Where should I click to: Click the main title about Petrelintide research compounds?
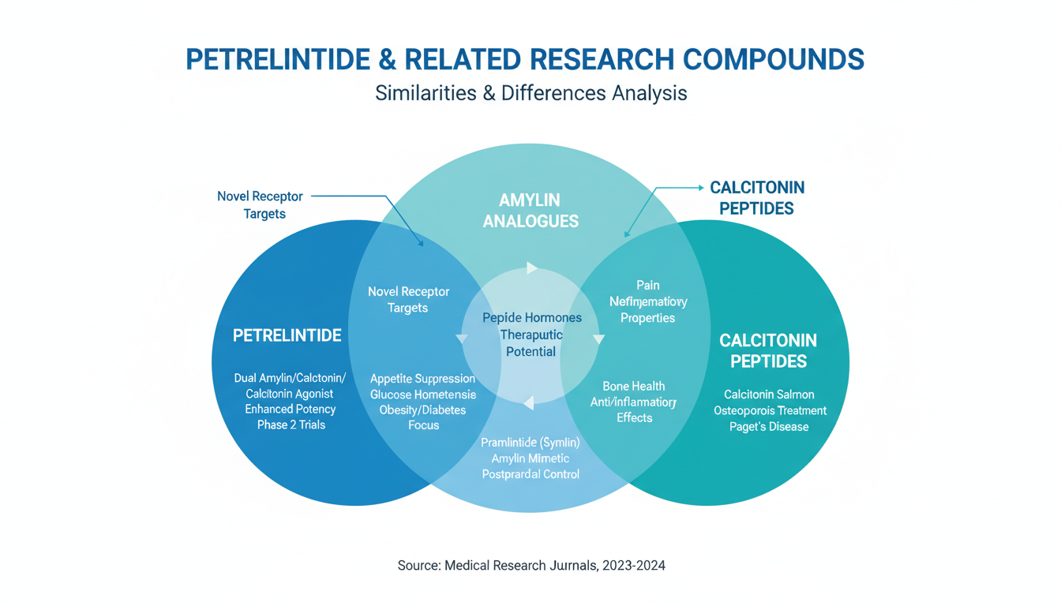tap(524, 59)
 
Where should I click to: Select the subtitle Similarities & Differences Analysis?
tap(530, 93)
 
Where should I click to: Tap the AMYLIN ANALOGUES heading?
tap(530, 211)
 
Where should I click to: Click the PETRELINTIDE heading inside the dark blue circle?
tap(287, 335)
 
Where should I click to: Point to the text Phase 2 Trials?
tap(291, 425)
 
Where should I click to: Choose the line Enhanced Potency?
tap(290, 409)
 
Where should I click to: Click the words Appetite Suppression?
tap(422, 379)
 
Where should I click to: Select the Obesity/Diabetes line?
tap(422, 410)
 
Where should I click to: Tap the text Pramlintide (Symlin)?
tap(530, 443)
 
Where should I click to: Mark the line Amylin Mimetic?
tap(530, 458)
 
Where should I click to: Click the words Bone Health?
tap(633, 386)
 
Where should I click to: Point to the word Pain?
tap(647, 285)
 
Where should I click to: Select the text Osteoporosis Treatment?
tap(770, 410)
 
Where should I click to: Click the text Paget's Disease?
tap(770, 427)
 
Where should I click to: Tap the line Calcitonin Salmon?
tap(770, 395)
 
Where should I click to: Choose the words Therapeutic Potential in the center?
tap(530, 343)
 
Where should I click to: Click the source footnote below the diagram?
tap(530, 565)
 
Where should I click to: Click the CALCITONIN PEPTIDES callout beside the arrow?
tap(756, 198)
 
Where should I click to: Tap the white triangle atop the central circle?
tap(531, 268)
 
